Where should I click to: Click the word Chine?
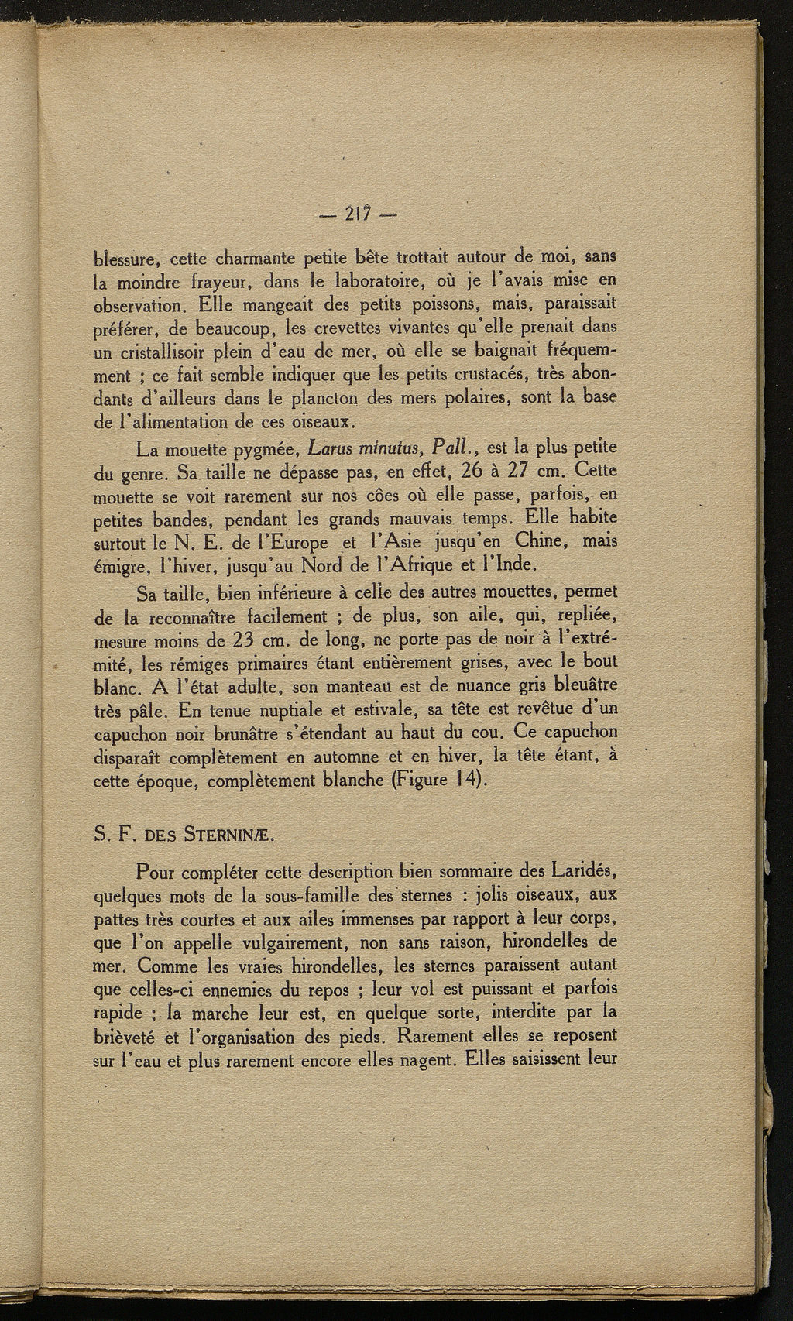point(527,540)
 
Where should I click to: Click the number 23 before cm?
point(232,641)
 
